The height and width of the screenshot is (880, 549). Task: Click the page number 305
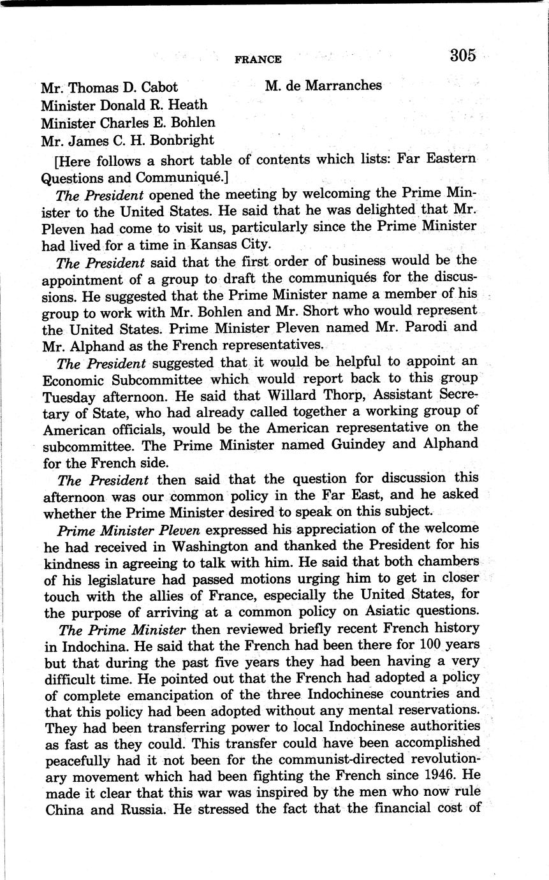(x=462, y=55)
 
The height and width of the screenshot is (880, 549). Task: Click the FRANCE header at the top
(x=258, y=59)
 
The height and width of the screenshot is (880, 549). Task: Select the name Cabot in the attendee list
(x=156, y=87)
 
